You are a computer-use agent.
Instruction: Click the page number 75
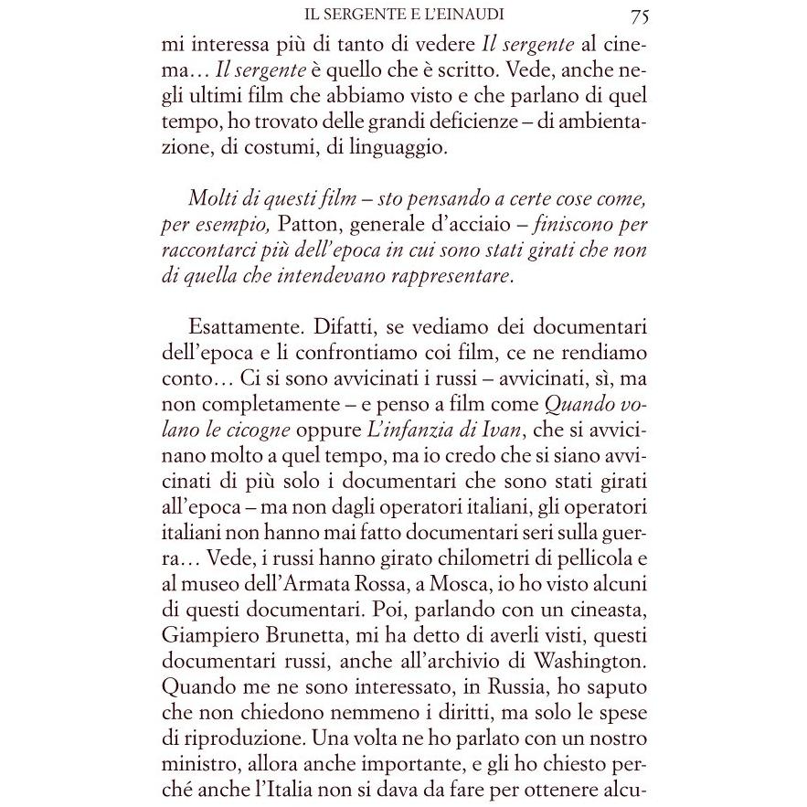(639, 15)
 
